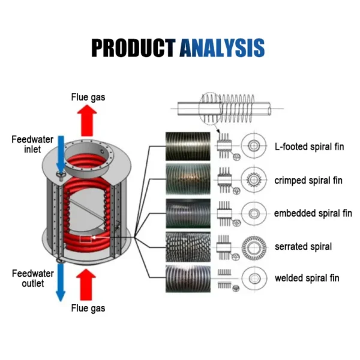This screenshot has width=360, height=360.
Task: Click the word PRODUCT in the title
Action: pos(133,48)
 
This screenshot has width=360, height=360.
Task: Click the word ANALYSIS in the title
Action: pos(222,48)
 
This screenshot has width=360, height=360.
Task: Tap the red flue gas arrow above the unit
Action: pos(87,121)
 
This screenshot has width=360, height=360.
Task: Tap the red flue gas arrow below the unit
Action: pos(86,284)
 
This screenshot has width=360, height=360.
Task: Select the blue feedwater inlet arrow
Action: pos(61,154)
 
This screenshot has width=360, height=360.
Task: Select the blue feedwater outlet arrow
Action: pos(61,283)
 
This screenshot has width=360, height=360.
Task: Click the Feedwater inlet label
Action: pos(32,144)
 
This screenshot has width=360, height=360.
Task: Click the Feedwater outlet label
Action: pos(33,278)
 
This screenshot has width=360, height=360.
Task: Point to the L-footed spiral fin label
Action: pos(309,147)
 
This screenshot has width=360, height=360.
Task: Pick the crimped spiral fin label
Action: pos(308,181)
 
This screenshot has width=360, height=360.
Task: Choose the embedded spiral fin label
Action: pos(313,213)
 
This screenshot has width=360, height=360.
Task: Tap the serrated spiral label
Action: pos(303,247)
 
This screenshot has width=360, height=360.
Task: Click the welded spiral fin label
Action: pos(307,278)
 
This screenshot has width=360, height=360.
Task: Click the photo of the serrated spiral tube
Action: pos(188,247)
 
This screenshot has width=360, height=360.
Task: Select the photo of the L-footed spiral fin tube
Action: pos(188,146)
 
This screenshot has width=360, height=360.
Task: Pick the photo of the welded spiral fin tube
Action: pos(188,279)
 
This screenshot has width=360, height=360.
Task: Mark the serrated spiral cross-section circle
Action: pos(254,237)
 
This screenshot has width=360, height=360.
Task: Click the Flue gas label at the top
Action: pos(88,97)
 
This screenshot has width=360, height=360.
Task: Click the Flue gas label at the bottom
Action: pos(88,308)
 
